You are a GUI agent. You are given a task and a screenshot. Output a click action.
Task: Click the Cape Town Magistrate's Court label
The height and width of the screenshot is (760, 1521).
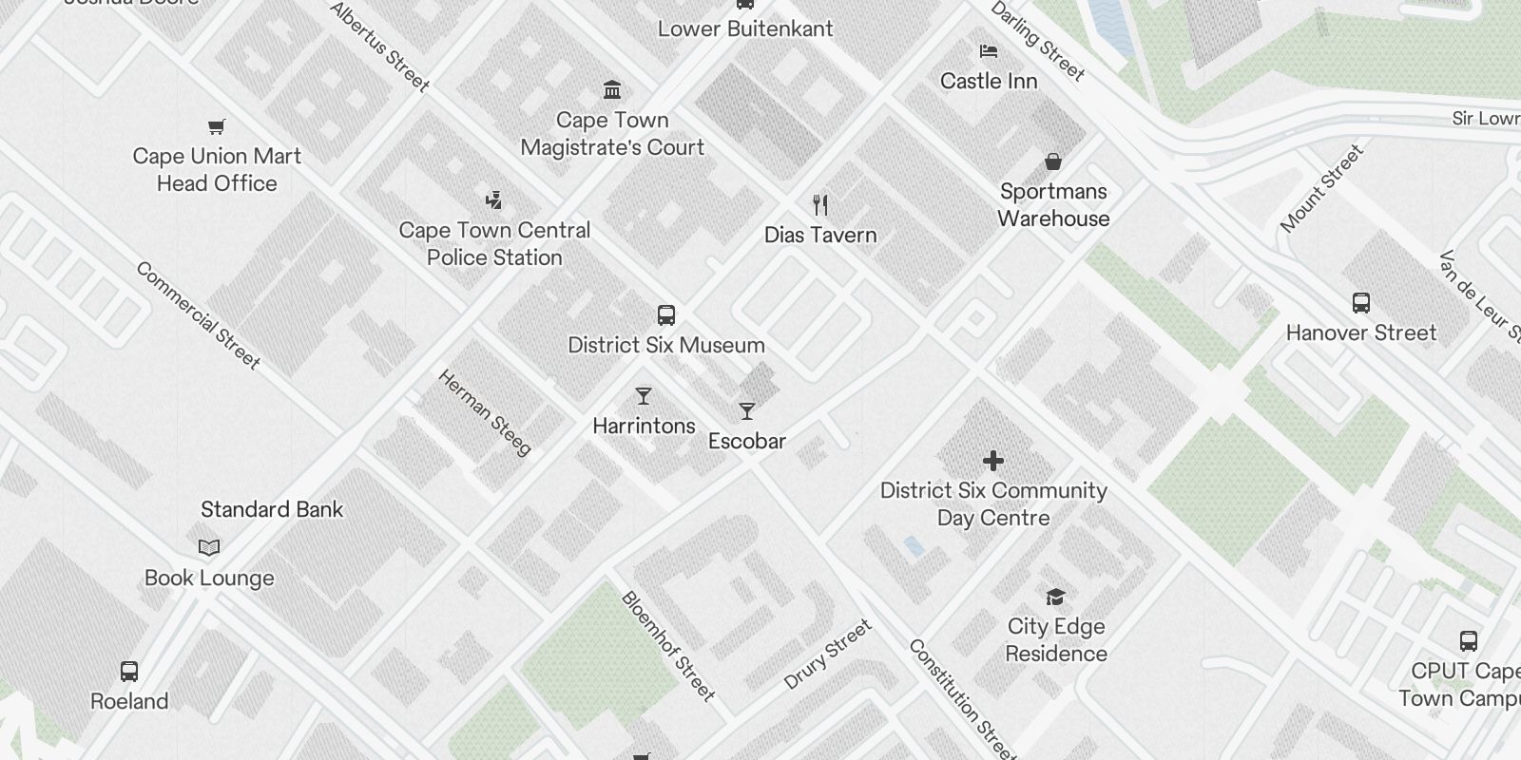(x=612, y=134)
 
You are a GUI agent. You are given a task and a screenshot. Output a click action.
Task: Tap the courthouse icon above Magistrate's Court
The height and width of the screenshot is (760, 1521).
(x=612, y=90)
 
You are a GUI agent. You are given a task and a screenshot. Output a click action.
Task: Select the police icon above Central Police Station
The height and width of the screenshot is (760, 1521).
(x=493, y=199)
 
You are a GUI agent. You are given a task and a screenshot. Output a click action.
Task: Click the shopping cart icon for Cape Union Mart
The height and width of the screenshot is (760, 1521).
(x=217, y=126)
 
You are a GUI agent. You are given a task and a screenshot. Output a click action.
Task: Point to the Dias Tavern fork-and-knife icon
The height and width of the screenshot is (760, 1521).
(x=820, y=204)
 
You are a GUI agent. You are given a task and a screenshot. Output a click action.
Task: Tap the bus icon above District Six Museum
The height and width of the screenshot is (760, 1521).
(x=666, y=315)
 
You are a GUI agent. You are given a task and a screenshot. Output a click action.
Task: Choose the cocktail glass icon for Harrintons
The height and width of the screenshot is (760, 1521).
(x=644, y=396)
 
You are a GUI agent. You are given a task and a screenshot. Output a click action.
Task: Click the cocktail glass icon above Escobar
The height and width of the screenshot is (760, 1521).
(x=747, y=411)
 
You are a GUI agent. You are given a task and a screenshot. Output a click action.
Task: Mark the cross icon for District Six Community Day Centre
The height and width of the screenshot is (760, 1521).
(x=993, y=461)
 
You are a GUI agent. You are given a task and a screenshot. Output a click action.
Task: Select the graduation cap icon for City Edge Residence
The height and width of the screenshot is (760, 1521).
(x=1055, y=597)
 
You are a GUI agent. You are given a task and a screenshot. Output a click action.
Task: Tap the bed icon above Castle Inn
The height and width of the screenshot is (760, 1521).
(x=989, y=51)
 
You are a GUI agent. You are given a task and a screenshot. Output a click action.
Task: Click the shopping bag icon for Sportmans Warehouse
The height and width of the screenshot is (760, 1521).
(x=1053, y=161)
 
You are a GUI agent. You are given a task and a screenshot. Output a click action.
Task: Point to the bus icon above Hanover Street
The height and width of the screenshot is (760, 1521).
(x=1361, y=303)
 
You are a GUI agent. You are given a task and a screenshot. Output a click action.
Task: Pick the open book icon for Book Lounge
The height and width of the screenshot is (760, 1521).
(x=209, y=547)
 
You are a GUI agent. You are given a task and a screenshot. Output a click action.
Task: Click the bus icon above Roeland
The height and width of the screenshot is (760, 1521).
(x=129, y=671)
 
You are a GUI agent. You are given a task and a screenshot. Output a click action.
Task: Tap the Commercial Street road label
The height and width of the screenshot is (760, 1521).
(x=198, y=314)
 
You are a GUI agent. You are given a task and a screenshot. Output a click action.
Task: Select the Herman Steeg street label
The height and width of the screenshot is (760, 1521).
(x=485, y=412)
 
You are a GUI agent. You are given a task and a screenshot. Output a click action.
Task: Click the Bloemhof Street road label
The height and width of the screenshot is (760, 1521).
(x=667, y=646)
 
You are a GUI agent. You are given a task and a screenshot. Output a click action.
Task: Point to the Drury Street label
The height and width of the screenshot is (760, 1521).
(x=827, y=655)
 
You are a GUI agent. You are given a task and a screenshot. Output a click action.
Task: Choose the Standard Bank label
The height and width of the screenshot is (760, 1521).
(x=272, y=509)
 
